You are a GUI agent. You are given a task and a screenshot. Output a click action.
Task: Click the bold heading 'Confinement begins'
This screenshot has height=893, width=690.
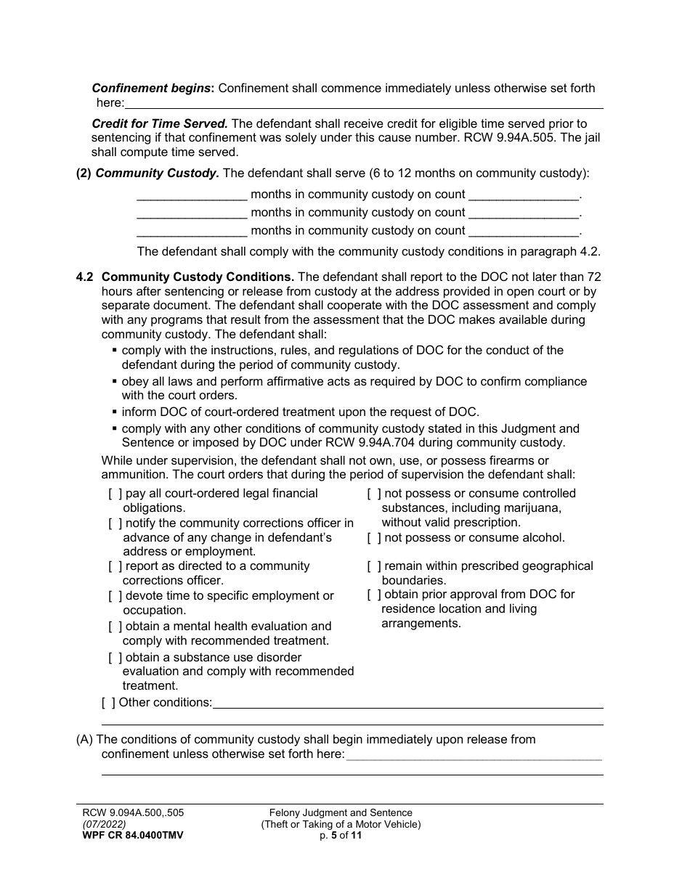click(151, 89)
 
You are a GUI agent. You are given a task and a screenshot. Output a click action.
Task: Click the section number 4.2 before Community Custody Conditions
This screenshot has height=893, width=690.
click(85, 277)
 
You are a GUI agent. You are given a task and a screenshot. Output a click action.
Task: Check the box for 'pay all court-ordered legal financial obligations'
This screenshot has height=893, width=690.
click(115, 494)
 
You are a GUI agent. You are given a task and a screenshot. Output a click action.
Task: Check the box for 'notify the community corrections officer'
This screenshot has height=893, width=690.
click(115, 523)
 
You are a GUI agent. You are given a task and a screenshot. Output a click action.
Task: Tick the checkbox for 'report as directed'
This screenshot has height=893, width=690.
click(115, 566)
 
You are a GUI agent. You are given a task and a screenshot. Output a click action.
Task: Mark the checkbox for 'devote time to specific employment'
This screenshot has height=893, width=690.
click(115, 596)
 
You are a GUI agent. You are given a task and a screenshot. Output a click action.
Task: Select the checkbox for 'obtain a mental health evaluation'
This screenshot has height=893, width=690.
click(115, 627)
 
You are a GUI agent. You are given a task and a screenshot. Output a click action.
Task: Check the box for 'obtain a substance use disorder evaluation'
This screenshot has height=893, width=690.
click(115, 658)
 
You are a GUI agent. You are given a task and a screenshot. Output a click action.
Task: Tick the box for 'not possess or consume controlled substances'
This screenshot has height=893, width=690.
click(374, 494)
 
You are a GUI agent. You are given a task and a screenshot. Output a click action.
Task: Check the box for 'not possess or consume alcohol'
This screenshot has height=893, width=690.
click(374, 538)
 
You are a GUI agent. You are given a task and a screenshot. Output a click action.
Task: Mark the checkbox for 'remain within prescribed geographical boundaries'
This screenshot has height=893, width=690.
click(374, 566)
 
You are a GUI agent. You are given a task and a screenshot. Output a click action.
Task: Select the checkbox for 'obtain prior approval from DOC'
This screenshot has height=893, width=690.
click(374, 595)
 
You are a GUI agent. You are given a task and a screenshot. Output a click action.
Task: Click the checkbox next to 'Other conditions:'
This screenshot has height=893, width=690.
click(108, 702)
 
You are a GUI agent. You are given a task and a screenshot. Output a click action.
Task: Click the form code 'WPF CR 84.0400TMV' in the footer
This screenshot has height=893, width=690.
click(133, 836)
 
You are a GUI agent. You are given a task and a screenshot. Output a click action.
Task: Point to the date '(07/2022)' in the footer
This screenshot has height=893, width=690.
click(104, 825)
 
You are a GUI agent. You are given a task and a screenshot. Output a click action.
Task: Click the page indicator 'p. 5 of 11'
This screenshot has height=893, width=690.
click(341, 836)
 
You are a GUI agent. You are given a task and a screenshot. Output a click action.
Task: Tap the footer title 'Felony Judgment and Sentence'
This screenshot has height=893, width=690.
click(341, 813)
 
